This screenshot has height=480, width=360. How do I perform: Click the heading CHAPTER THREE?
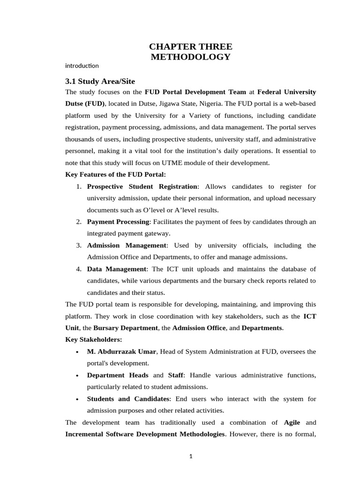[x=190, y=46]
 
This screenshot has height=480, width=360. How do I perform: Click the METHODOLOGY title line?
[x=190, y=57]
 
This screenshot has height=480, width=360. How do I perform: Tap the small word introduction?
[x=82, y=66]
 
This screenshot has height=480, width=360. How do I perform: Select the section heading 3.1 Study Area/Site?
[x=100, y=81]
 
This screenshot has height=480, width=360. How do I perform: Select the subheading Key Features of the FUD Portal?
[x=115, y=175]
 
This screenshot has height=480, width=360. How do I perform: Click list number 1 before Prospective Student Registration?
[x=79, y=187]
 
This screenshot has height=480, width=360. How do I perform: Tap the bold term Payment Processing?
[x=118, y=221]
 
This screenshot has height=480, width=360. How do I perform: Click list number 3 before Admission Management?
[x=79, y=245]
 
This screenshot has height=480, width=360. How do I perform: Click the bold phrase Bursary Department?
[x=126, y=328]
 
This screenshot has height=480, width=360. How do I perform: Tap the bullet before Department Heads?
[x=76, y=375]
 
